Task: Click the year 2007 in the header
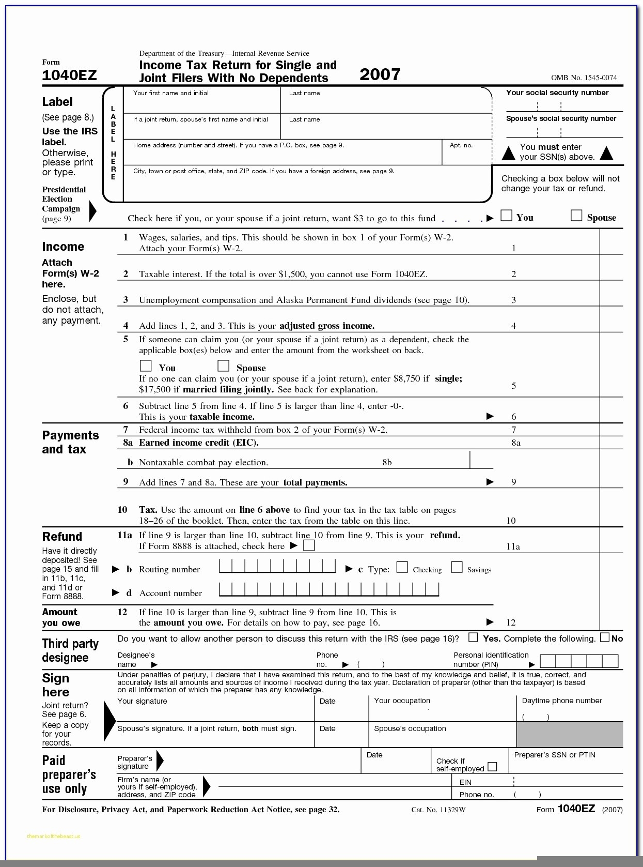click(x=380, y=74)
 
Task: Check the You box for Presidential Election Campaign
click(x=507, y=216)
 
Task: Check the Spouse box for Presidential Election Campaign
click(x=576, y=216)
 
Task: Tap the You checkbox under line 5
click(x=146, y=366)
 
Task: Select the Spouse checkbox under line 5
click(x=223, y=366)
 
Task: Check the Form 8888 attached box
click(x=309, y=545)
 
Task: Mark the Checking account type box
click(x=402, y=568)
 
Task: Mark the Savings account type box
click(x=457, y=568)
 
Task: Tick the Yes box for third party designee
click(x=473, y=637)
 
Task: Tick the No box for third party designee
click(x=605, y=637)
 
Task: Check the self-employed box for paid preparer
click(x=493, y=767)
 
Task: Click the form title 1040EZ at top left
click(x=69, y=75)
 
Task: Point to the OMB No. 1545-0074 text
click(x=584, y=78)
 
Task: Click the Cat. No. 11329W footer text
click(x=438, y=810)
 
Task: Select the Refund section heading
click(x=62, y=537)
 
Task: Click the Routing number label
click(x=169, y=570)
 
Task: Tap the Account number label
click(x=170, y=594)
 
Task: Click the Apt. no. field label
click(x=461, y=145)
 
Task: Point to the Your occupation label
click(x=402, y=701)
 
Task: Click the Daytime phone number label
click(x=562, y=701)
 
